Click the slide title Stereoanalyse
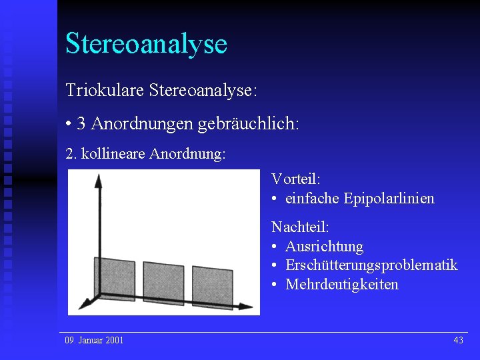(146, 43)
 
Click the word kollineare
(113, 155)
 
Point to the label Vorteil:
(296, 179)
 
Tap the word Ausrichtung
(324, 247)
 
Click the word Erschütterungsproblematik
(371, 265)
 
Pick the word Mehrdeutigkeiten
(342, 285)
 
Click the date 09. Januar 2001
(94, 341)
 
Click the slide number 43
(458, 341)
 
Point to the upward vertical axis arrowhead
(98, 182)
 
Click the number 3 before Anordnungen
(81, 123)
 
